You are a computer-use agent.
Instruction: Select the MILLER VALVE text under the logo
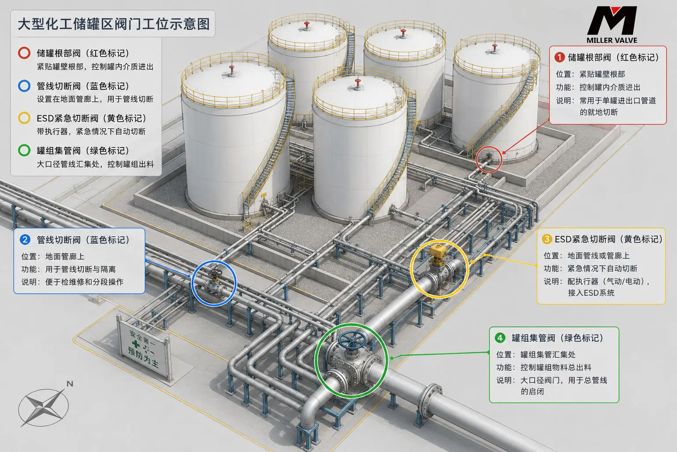point(612,40)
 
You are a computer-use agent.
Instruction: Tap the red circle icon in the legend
point(24,53)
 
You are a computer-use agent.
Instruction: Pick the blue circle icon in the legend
point(24,86)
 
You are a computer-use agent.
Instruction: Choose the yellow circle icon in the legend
point(24,118)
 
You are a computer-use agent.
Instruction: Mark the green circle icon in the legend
point(24,151)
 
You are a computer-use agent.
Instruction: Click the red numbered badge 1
point(559,57)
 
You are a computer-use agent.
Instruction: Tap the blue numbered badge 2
point(25,240)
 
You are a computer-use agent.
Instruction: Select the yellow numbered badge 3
point(547,239)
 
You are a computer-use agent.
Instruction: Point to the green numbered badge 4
point(500,338)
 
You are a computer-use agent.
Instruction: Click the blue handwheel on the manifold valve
point(352,340)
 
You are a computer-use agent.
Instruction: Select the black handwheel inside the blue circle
point(215,273)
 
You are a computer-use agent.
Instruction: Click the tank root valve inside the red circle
point(488,158)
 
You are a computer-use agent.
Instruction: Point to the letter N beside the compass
point(70,384)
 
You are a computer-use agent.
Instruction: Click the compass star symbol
point(44,407)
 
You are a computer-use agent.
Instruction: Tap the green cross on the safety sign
point(136,344)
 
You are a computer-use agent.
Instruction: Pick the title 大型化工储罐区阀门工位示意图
point(114,24)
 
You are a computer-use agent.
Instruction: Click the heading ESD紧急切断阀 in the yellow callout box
point(585,239)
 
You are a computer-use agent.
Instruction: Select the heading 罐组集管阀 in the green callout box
point(533,338)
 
